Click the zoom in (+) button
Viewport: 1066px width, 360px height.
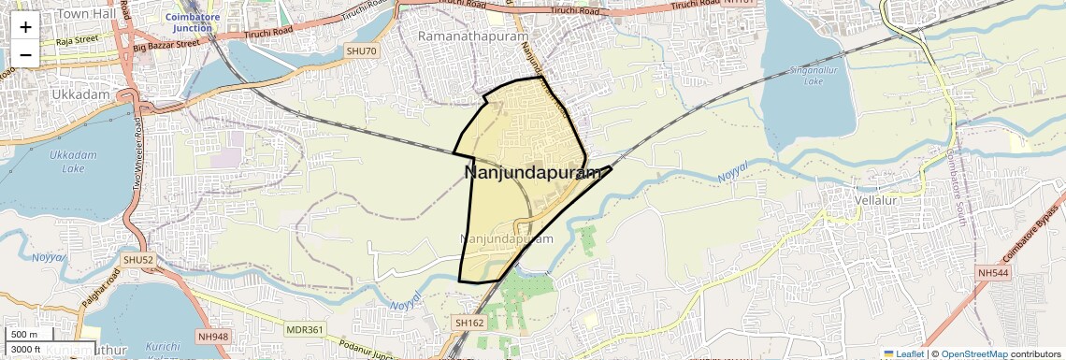(25, 27)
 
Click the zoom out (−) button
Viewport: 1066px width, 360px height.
(25, 55)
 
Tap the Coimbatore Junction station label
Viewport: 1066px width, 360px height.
(192, 22)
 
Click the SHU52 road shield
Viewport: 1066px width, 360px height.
(137, 259)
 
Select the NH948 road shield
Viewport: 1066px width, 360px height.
(213, 310)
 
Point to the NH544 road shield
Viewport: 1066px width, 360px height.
(995, 272)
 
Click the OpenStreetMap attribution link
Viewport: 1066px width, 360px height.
(973, 353)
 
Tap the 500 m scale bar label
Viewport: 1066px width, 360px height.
(24, 334)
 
